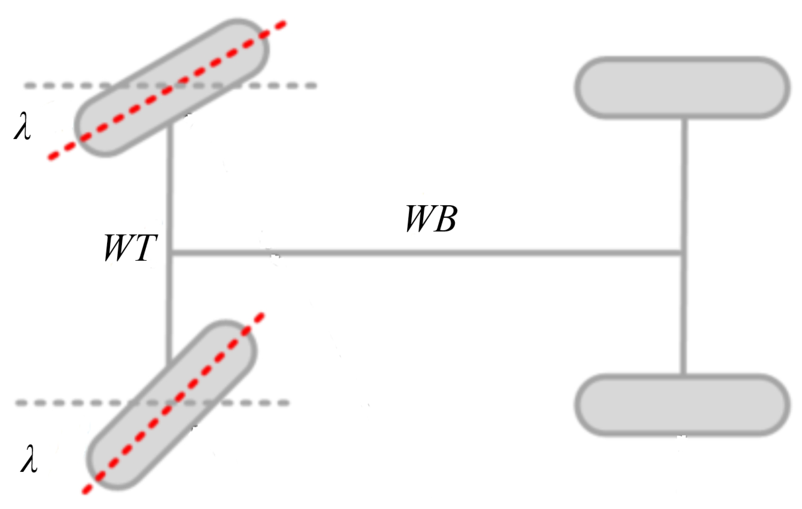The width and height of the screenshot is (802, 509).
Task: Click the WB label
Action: coord(431,219)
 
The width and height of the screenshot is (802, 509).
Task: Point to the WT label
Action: coord(130,248)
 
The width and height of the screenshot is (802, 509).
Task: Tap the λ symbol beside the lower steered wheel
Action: coord(29,459)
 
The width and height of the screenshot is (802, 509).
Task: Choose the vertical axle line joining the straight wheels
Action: coord(683,186)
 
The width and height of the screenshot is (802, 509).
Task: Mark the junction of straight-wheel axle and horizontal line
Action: coord(683,253)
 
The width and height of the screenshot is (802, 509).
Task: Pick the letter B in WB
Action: coord(445,219)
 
